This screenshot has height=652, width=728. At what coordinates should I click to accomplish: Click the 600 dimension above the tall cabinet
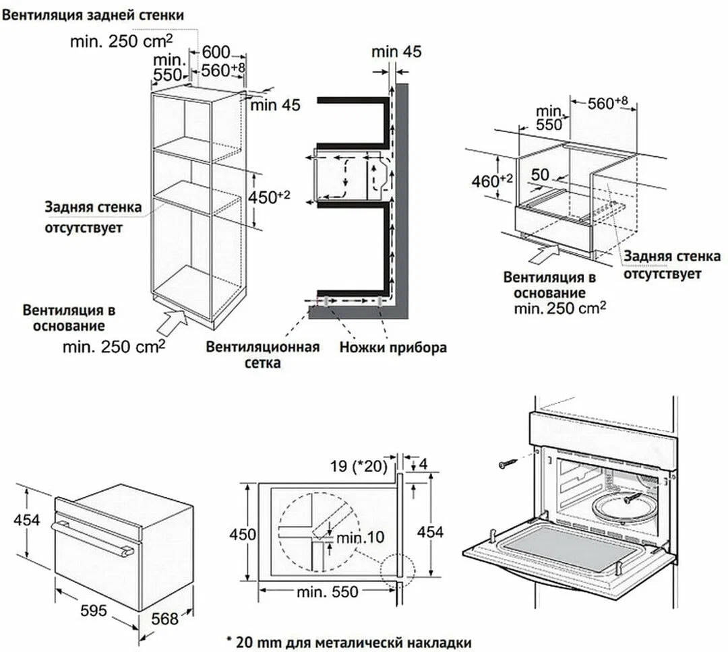tap(216, 53)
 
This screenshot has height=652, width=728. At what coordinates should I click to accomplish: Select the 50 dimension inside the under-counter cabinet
tap(539, 174)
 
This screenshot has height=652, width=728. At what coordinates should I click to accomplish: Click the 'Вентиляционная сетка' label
tap(262, 355)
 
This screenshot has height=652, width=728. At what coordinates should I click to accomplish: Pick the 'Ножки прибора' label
tap(393, 348)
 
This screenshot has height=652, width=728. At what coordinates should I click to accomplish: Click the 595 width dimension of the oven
tap(94, 610)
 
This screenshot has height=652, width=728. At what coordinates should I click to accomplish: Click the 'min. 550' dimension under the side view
tap(328, 592)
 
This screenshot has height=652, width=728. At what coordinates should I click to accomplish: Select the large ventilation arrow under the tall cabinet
tap(173, 322)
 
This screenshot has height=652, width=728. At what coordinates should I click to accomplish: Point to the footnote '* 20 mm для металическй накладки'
tap(348, 642)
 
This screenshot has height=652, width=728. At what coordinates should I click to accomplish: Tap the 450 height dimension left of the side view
tap(243, 534)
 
